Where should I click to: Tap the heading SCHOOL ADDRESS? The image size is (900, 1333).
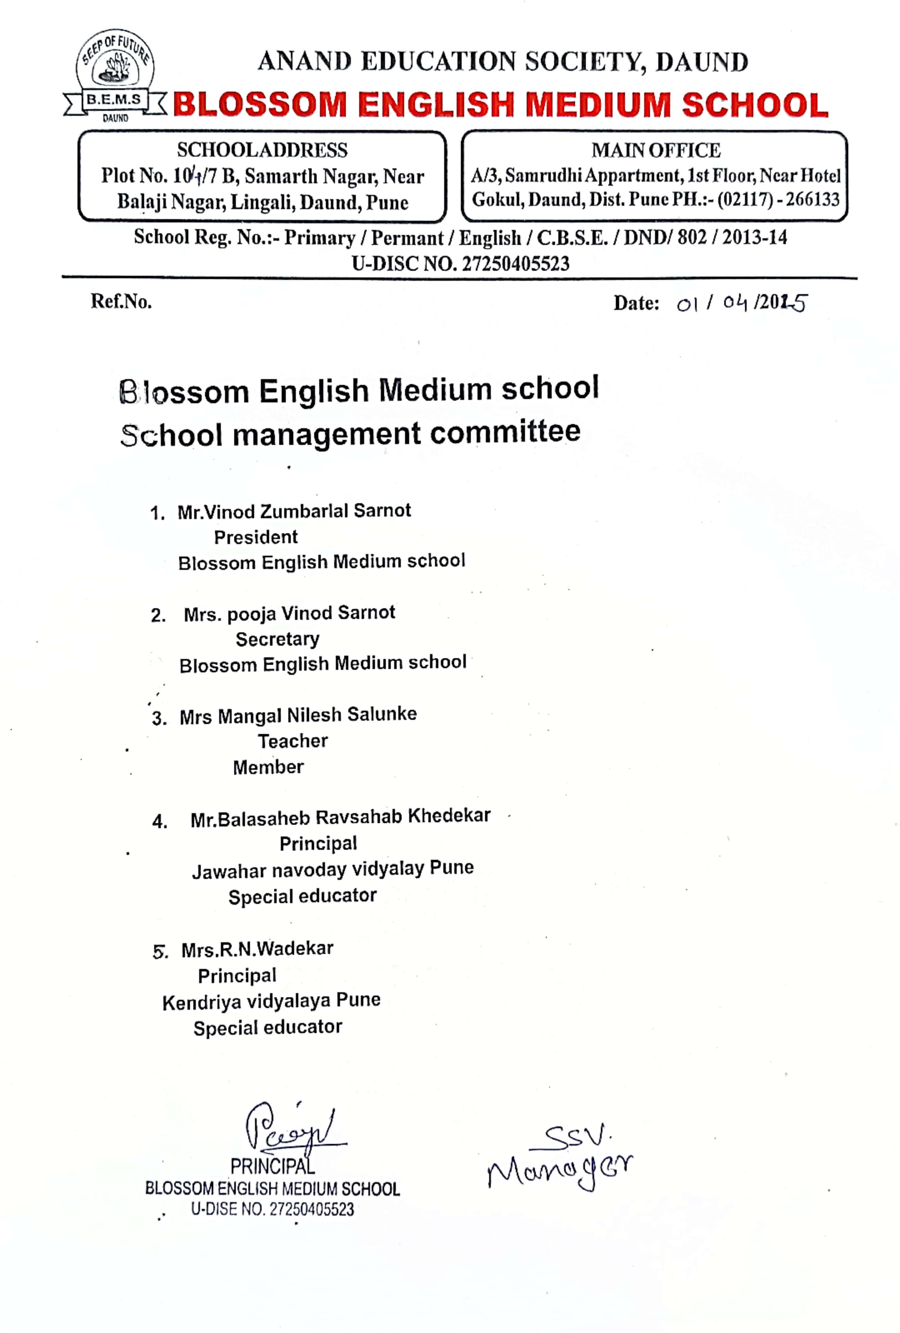tap(262, 150)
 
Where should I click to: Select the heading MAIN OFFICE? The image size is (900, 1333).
tap(655, 150)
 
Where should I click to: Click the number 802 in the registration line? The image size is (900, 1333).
tap(691, 237)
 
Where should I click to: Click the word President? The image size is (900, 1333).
tap(256, 537)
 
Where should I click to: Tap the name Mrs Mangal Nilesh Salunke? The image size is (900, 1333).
tap(298, 715)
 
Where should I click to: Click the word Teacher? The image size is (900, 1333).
tap(292, 741)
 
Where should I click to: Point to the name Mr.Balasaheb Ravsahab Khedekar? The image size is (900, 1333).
tap(340, 817)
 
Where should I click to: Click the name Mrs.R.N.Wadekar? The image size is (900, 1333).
tap(257, 949)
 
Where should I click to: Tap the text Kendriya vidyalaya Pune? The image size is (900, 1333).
tap(271, 1001)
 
